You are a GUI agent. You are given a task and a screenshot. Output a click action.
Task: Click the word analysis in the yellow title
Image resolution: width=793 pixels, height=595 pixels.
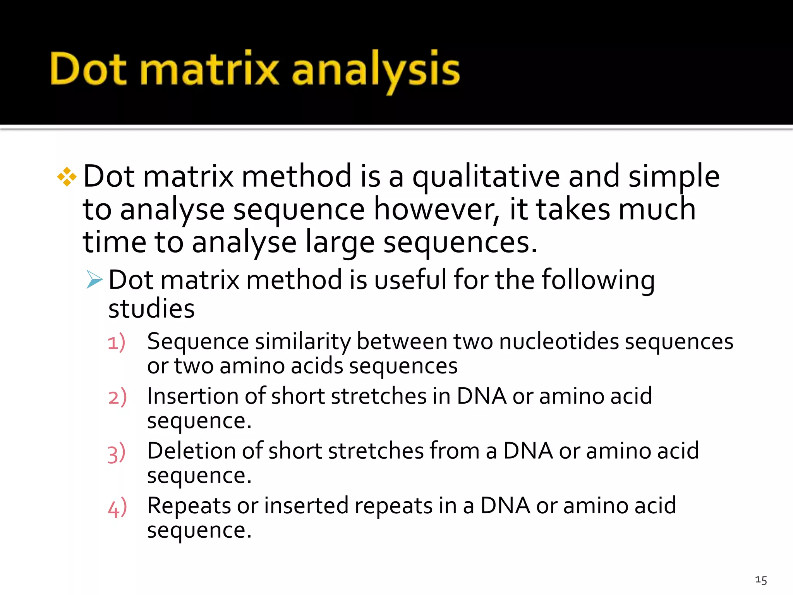(x=376, y=70)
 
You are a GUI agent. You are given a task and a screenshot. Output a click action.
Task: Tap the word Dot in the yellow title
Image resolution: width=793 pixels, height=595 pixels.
(x=88, y=69)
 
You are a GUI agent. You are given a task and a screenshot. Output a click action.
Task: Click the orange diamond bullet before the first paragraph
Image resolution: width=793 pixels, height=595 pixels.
(x=67, y=177)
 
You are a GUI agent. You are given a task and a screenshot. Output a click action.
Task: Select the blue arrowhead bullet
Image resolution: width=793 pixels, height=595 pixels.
(x=94, y=279)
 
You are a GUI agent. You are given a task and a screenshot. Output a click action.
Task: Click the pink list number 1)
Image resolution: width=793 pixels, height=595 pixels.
(x=117, y=342)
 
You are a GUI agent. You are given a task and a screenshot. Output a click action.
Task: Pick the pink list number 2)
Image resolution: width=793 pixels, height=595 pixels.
(x=117, y=397)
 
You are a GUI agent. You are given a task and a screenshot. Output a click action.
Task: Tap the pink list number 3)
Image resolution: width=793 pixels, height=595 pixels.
(x=117, y=452)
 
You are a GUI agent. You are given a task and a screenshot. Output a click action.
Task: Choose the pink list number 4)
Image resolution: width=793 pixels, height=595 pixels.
(x=117, y=507)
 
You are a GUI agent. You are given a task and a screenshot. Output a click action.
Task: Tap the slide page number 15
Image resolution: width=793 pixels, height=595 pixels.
(x=760, y=580)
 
